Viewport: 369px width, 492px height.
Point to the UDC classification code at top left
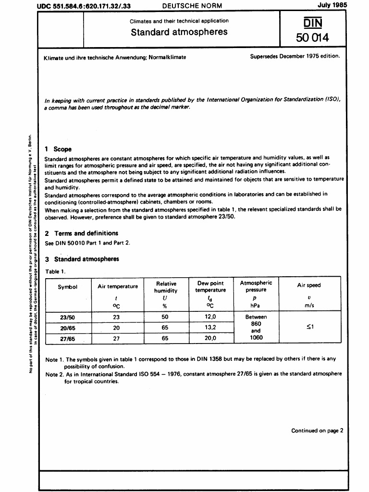[84, 5]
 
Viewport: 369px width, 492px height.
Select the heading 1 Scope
[58, 149]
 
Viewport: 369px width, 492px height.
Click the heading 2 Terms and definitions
[81, 233]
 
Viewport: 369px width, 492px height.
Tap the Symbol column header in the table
[67, 287]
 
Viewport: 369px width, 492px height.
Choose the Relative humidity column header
[166, 287]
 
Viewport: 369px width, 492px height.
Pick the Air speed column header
[308, 285]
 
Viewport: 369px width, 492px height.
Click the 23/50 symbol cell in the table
[67, 317]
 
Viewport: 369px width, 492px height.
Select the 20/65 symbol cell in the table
[67, 328]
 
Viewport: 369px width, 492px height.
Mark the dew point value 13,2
[210, 328]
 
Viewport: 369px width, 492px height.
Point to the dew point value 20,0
[210, 338]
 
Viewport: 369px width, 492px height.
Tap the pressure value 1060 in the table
[256, 338]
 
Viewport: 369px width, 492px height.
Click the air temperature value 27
[115, 338]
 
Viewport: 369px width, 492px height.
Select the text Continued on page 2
[317, 430]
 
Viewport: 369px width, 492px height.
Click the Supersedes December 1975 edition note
[295, 56]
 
